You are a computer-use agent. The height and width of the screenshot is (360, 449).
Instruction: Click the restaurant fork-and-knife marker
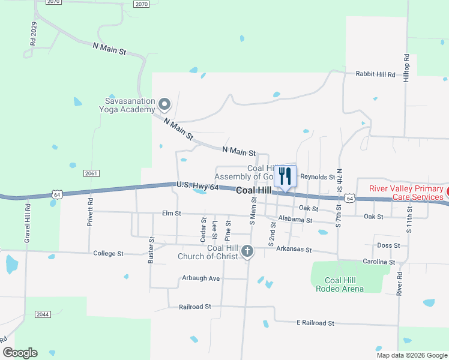(285, 176)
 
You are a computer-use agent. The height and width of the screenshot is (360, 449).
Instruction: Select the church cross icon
(248, 252)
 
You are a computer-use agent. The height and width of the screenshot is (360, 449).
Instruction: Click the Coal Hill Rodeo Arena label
(344, 284)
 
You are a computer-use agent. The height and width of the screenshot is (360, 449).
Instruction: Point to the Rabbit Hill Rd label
(376, 74)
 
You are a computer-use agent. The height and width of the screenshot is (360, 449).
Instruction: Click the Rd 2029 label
(34, 35)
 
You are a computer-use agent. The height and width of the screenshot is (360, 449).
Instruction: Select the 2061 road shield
(91, 173)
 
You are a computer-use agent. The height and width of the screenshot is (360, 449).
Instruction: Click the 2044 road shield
(43, 314)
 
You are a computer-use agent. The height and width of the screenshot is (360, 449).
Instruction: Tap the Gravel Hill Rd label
(28, 221)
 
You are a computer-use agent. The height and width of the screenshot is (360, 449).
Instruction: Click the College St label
(108, 254)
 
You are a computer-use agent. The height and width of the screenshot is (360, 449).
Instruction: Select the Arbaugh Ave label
(201, 278)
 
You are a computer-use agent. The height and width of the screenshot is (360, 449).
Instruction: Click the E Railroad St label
(315, 323)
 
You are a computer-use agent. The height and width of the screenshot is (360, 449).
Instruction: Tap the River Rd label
(399, 284)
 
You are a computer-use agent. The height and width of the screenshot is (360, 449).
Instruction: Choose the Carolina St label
(379, 262)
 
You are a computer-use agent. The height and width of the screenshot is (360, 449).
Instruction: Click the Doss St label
(388, 245)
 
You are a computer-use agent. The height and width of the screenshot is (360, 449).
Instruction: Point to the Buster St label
(151, 250)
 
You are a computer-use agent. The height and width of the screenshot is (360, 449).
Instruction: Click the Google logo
(20, 353)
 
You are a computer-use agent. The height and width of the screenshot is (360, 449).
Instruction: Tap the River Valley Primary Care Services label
(406, 193)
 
